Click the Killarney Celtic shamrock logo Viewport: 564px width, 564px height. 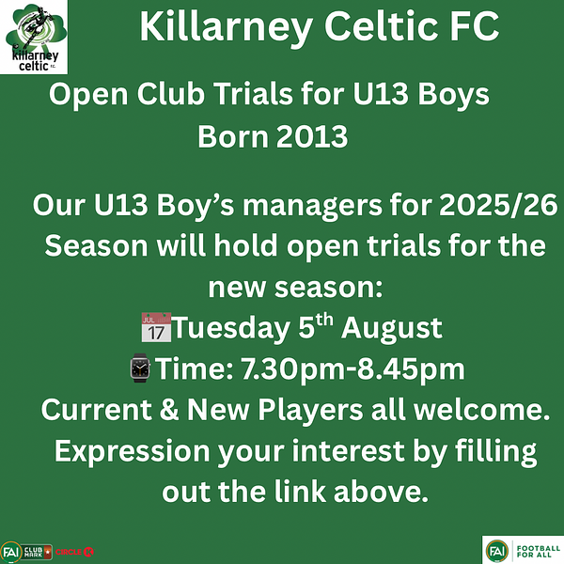pyautogui.click(x=34, y=37)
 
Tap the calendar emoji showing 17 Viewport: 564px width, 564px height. pyautogui.click(x=156, y=327)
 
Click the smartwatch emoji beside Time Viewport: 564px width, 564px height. pyautogui.click(x=140, y=368)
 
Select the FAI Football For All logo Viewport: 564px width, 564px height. pyautogui.click(x=523, y=550)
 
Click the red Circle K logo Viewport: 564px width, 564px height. pyautogui.click(x=74, y=552)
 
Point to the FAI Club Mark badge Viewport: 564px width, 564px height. pyautogui.click(x=26, y=552)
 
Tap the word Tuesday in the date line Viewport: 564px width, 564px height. pyautogui.click(x=230, y=328)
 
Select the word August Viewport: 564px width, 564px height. pyautogui.click(x=392, y=329)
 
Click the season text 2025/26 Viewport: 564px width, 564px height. pyautogui.click(x=498, y=205)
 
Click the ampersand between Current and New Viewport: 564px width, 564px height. pyautogui.click(x=169, y=410)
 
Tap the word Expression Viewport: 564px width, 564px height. pyautogui.click(x=133, y=451)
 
